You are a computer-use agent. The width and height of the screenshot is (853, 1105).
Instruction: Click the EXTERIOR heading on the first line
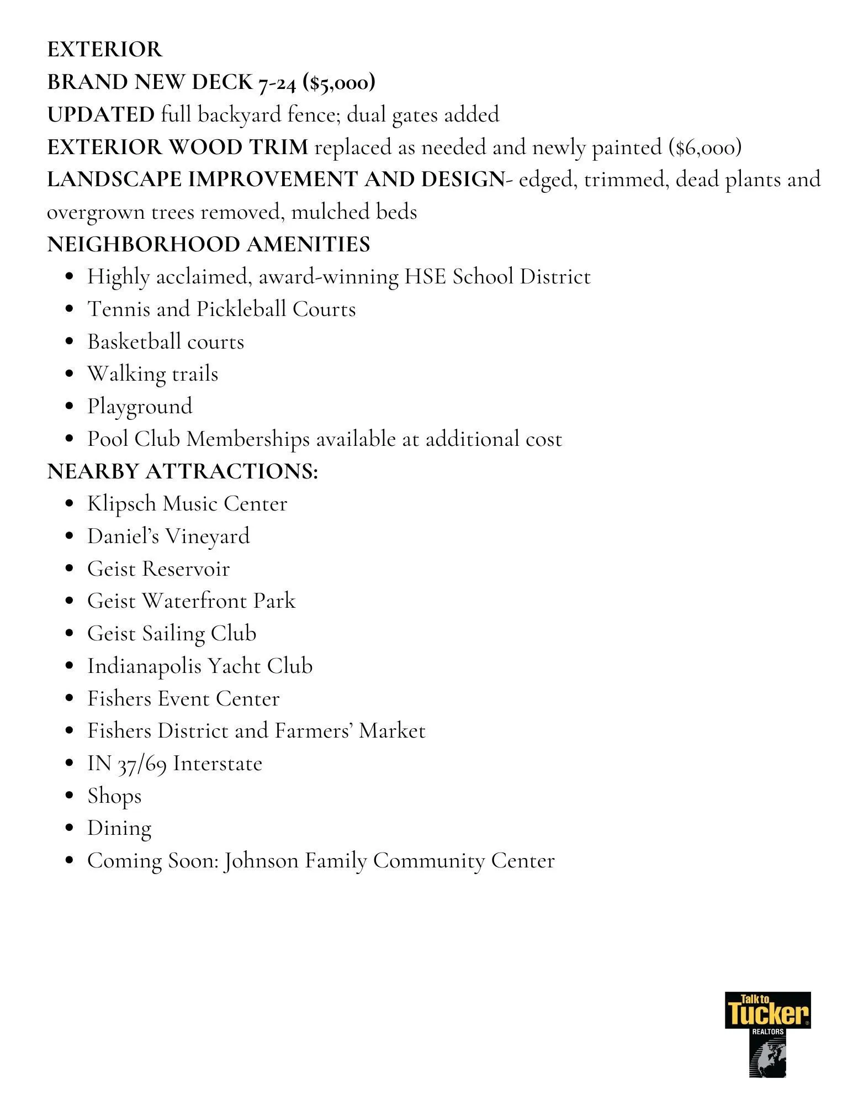click(104, 50)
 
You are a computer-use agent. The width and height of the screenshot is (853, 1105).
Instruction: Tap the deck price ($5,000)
click(339, 82)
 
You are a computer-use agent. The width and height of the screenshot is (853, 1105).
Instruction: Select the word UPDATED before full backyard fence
click(100, 115)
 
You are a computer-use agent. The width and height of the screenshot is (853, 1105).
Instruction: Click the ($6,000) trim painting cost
click(704, 148)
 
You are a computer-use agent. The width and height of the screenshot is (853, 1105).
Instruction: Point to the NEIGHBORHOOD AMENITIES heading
click(208, 244)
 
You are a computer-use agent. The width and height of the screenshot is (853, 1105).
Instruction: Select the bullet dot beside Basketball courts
click(69, 342)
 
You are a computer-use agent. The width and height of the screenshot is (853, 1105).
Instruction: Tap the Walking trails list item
click(152, 374)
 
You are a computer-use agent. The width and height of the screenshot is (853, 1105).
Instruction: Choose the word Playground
click(140, 407)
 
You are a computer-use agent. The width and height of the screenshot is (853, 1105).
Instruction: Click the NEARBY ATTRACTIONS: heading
click(182, 471)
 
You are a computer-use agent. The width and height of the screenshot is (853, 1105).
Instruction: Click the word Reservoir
click(186, 569)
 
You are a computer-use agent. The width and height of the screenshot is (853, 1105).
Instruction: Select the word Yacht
click(234, 666)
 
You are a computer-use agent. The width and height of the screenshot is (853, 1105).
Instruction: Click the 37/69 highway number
click(142, 764)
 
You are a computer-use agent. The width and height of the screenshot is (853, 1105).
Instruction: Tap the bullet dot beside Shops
click(69, 796)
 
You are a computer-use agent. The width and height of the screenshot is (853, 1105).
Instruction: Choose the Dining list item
click(119, 829)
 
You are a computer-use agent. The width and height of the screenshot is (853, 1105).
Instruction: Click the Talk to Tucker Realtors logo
click(767, 1034)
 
